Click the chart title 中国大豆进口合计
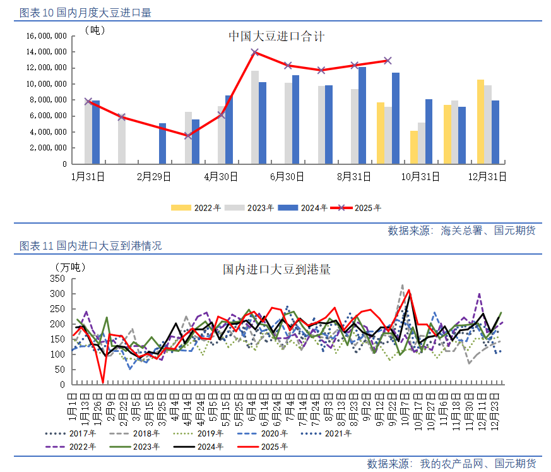click(x=276, y=37)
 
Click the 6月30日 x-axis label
click(x=287, y=177)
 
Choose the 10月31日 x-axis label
click(x=421, y=177)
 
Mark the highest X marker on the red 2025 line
click(x=255, y=52)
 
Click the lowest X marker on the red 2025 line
click(x=188, y=135)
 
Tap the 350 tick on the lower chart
click(x=57, y=279)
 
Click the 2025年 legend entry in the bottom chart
click(x=268, y=447)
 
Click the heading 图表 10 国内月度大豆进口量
click(x=85, y=13)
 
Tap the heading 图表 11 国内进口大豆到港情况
click(x=90, y=246)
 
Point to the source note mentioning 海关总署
click(x=461, y=231)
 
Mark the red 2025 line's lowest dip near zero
click(x=103, y=382)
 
